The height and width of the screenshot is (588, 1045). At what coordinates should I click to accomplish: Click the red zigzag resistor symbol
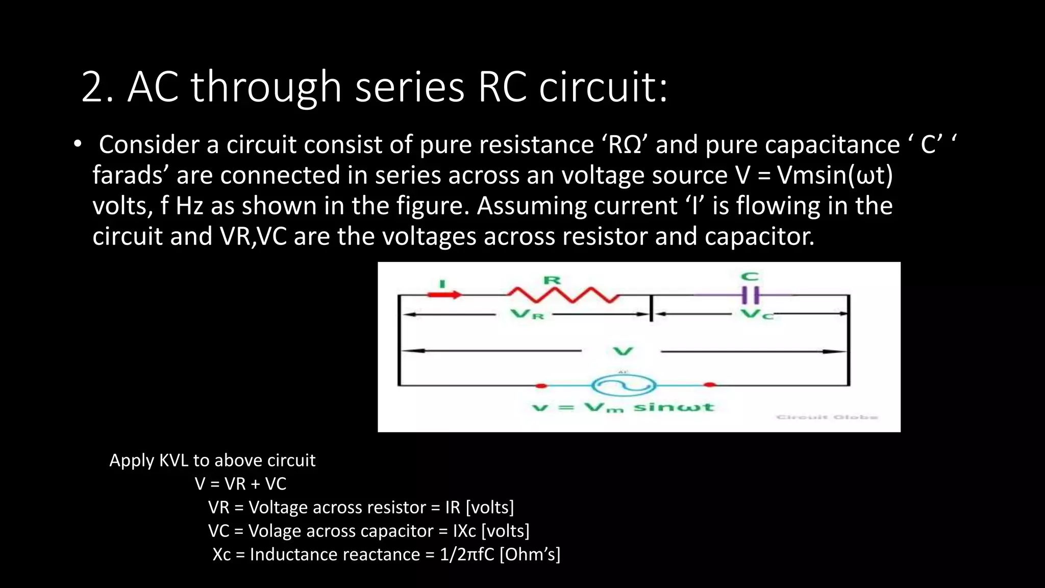[563, 295]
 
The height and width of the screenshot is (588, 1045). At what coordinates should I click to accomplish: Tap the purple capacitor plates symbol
[750, 295]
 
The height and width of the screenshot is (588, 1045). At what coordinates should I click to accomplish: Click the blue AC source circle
[623, 385]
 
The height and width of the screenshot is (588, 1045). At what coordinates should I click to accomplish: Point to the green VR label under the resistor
[528, 314]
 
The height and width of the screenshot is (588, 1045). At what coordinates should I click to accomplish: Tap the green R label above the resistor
[552, 280]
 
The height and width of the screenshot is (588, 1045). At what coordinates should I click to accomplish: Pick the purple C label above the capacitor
[750, 277]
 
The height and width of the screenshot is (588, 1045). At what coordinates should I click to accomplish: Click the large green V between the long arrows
[623, 351]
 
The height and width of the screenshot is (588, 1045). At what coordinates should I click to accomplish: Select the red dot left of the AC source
[541, 385]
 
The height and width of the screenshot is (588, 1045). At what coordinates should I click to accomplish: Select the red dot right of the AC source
[709, 385]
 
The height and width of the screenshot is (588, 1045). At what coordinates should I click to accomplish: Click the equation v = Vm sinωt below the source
[623, 407]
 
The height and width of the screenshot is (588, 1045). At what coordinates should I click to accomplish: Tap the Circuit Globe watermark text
[827, 417]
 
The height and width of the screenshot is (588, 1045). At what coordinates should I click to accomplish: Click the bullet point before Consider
[77, 144]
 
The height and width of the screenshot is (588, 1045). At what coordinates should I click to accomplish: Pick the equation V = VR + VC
[240, 484]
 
